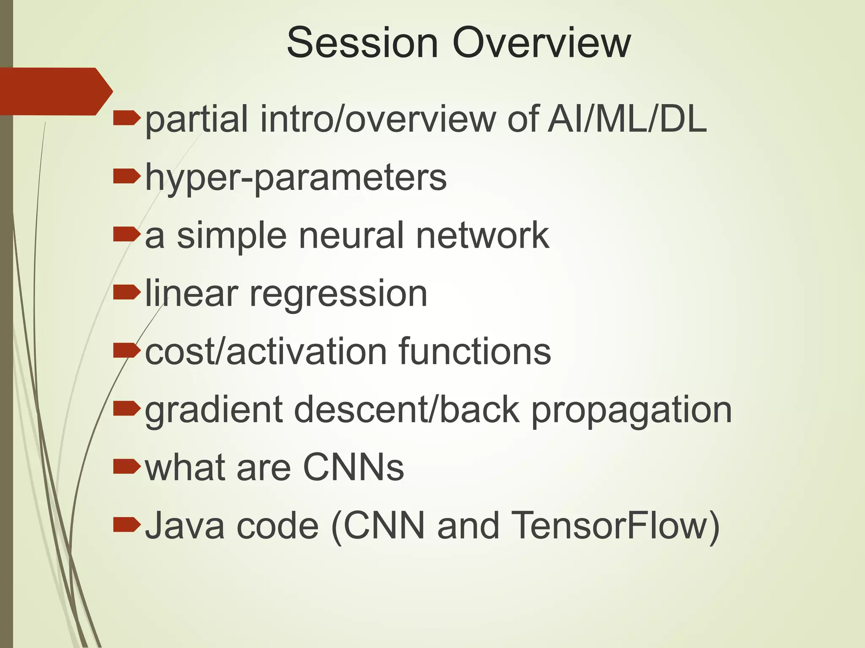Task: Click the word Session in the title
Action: coord(362,43)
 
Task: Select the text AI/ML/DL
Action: coord(627,119)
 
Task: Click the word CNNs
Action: coord(354,467)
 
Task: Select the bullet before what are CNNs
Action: coord(126,467)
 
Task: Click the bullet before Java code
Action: coord(126,524)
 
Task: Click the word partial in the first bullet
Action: coord(196,119)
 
